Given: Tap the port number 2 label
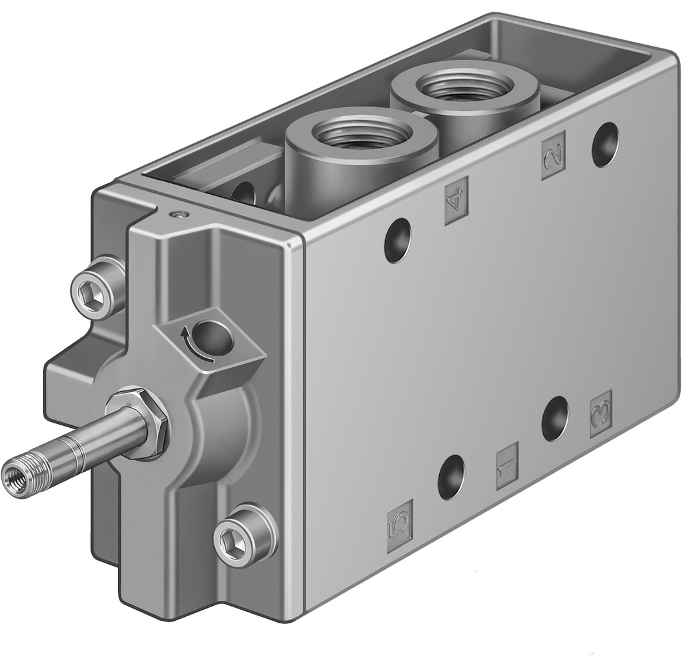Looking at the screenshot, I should click(553, 155).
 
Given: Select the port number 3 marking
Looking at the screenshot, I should click(601, 414).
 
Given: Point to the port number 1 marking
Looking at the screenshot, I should click(507, 466).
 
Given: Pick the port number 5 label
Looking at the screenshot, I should click(399, 517).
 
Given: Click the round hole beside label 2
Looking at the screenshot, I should click(604, 144).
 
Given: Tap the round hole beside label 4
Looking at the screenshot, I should click(398, 240).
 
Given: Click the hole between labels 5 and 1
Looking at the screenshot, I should click(451, 477).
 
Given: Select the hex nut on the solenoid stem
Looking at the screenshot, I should click(141, 423).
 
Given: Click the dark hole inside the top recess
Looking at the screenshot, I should click(244, 193).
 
